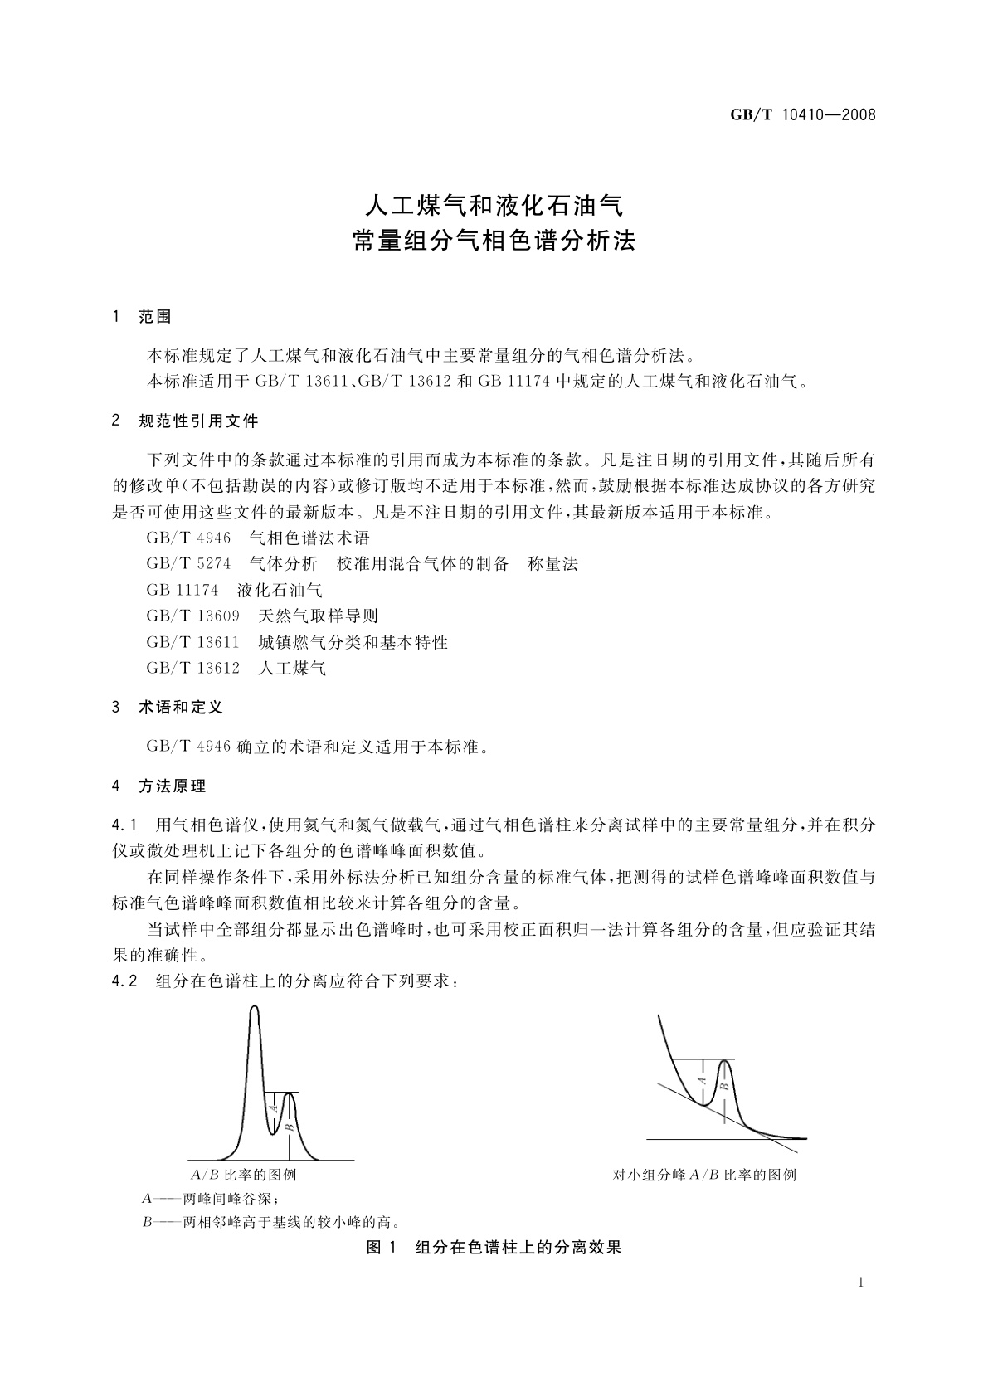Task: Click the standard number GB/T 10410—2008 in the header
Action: coord(802,115)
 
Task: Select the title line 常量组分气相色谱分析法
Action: coord(494,241)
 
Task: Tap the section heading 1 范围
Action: coord(142,317)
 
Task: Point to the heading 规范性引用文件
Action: coord(198,421)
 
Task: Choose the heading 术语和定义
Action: coord(180,708)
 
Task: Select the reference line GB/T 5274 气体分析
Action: coord(362,564)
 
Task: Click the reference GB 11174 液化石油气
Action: coord(234,590)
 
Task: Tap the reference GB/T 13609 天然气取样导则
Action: coord(262,616)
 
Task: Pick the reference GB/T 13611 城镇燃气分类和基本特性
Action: coord(297,642)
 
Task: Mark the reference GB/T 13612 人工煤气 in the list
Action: coord(236,668)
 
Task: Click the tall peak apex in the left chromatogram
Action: coord(255,1008)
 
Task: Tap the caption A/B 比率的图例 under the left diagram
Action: coord(243,1175)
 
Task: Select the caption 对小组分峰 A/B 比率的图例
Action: coord(704,1175)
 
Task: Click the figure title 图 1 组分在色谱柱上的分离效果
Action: coord(494,1247)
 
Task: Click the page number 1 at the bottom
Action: coord(861,1283)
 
